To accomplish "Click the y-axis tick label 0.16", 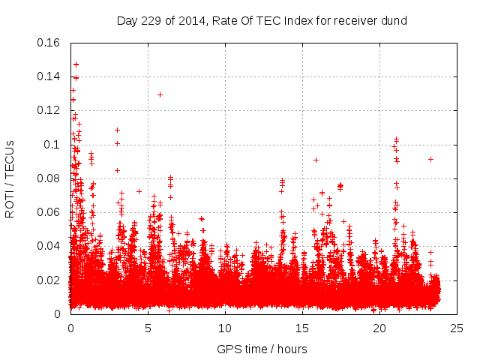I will [49, 42].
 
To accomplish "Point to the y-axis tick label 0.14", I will [49, 76].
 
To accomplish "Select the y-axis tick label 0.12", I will [49, 110].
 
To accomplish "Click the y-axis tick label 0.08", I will [49, 178].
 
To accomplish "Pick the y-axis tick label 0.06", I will [49, 212].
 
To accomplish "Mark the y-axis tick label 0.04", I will [49, 246].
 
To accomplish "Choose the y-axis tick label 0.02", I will [49, 280].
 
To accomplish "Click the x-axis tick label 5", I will [148, 328].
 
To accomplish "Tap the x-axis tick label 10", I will [225, 328].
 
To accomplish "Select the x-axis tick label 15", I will [302, 328].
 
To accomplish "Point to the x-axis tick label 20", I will [379, 328].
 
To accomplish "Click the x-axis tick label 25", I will [457, 328].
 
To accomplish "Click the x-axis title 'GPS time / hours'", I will [262, 349].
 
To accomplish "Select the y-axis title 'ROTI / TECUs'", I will [10, 178].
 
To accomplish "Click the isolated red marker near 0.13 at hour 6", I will [160, 94].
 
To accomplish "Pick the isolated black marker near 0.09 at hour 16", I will [316, 160].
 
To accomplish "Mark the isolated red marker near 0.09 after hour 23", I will [430, 159].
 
